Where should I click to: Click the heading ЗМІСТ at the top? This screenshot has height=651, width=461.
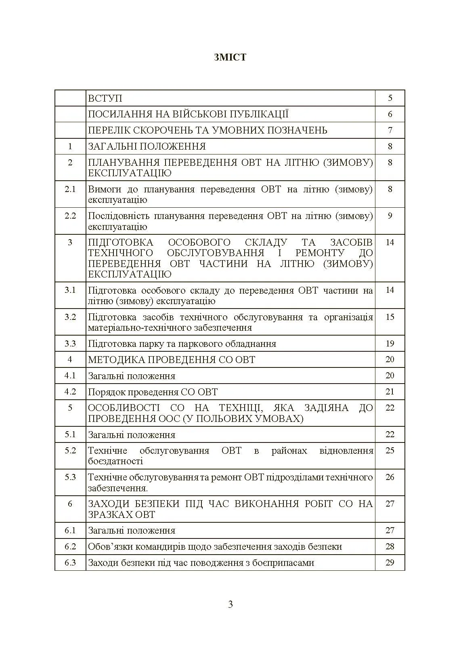[230, 57]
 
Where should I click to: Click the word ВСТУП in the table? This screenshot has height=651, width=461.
[105, 98]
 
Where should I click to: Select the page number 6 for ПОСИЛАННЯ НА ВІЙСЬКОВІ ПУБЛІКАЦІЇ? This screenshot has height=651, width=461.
[390, 114]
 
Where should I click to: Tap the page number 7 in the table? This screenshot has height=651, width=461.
[390, 130]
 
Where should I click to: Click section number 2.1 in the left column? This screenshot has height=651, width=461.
[70, 189]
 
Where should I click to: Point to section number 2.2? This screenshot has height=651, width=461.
[70, 216]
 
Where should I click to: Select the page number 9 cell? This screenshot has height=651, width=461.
[390, 216]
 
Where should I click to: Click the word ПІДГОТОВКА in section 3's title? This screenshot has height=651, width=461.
[120, 242]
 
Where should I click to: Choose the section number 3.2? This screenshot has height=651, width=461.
[70, 317]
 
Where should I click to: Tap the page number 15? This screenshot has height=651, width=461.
[390, 317]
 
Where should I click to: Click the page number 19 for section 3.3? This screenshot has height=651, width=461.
[390, 344]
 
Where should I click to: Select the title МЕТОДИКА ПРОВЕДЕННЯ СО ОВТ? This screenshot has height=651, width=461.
[172, 360]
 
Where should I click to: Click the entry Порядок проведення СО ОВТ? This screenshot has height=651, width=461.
[153, 392]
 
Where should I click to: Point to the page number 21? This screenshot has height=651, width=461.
[390, 392]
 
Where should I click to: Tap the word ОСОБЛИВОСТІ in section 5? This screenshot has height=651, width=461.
[125, 408]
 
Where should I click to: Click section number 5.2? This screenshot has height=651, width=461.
[70, 451]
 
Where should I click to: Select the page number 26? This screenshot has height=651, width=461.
[390, 477]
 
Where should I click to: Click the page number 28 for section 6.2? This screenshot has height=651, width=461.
[390, 547]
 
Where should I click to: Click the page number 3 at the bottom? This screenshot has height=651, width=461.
[230, 604]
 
